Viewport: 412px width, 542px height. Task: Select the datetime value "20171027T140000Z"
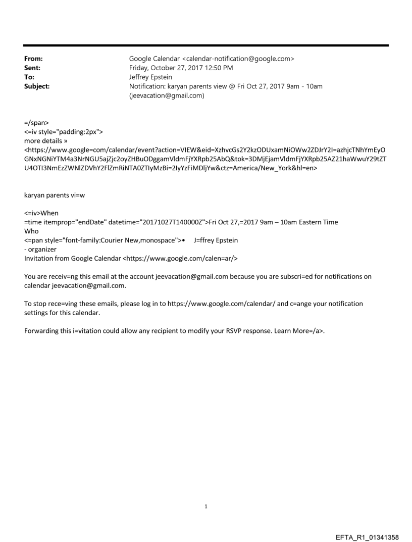(176, 222)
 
